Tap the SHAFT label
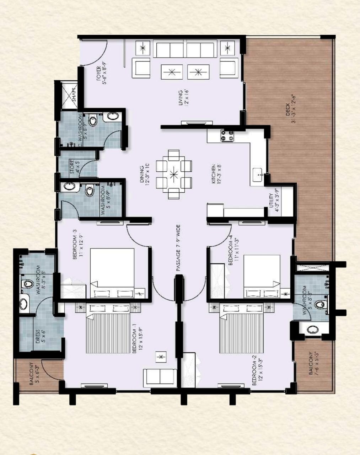click(x=74, y=95)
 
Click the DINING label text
click(x=144, y=174)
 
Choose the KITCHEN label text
click(x=216, y=174)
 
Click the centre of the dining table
click(x=174, y=174)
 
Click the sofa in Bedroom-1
click(x=160, y=377)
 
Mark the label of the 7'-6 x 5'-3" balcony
click(x=313, y=364)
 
